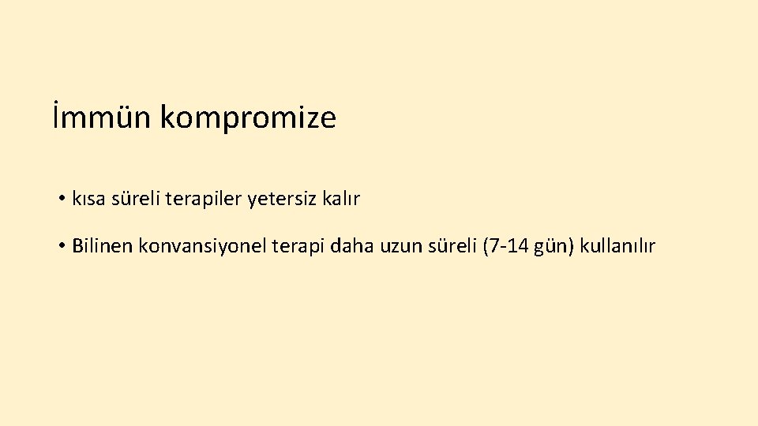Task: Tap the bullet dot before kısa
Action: (61, 200)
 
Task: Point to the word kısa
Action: (88, 200)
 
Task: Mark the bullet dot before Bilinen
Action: (61, 246)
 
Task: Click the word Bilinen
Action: (102, 246)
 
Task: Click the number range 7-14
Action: (506, 246)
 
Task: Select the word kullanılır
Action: (617, 246)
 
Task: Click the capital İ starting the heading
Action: (57, 118)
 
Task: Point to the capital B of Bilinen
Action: (77, 246)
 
